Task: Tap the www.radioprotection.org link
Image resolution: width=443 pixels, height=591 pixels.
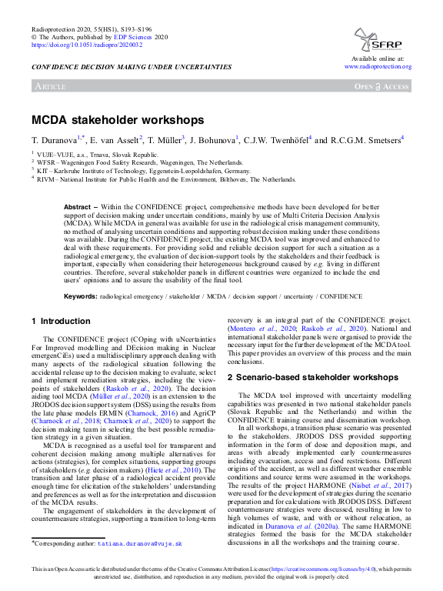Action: [378, 67]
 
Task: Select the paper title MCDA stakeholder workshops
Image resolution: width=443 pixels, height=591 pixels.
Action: [118, 120]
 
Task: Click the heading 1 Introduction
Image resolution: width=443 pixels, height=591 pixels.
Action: [61, 321]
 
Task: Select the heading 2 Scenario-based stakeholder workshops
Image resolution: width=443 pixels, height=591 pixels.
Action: [312, 378]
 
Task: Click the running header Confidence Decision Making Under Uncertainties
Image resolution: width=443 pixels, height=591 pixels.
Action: [132, 67]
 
